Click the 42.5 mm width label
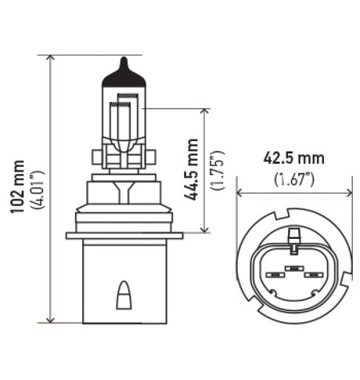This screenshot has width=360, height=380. (293, 159)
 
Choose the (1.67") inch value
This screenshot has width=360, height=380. (294, 179)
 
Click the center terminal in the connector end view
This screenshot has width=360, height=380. (294, 268)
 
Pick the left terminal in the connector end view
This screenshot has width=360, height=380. (275, 276)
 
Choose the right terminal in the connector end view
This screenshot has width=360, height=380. (313, 276)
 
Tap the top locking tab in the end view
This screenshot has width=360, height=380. (294, 236)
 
